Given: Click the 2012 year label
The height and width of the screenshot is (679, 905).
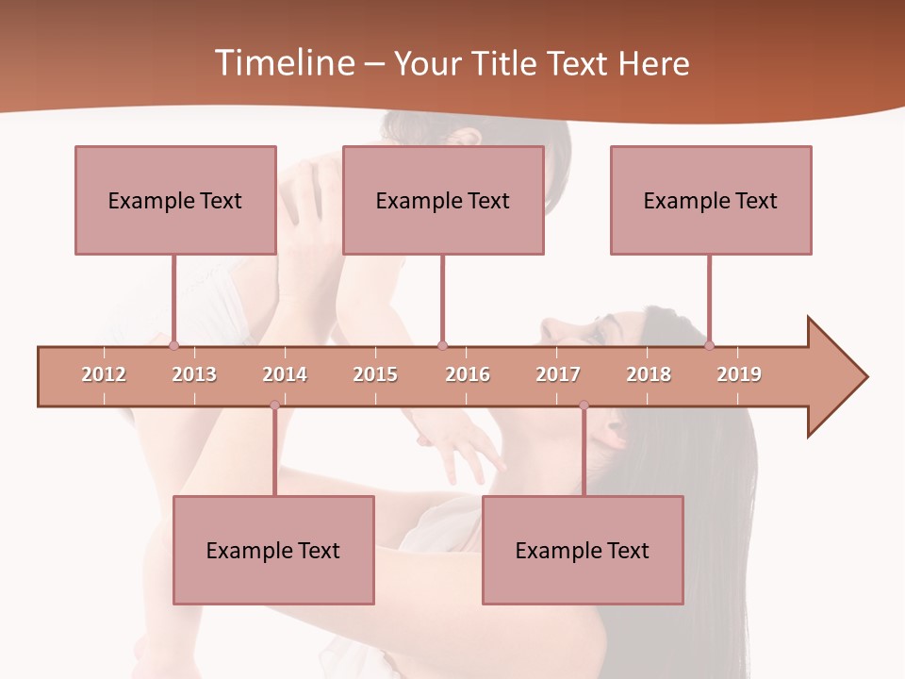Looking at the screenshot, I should (104, 374).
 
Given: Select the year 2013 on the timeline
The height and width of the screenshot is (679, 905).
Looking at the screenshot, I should (194, 374).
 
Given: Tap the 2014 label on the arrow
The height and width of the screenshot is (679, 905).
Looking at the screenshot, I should (285, 374).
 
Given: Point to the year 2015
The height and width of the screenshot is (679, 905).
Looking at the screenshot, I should (375, 374).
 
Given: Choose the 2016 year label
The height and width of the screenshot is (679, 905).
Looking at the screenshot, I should (468, 374).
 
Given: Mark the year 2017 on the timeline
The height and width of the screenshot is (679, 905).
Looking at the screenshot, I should (558, 374).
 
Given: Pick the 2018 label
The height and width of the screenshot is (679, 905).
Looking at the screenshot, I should (649, 374).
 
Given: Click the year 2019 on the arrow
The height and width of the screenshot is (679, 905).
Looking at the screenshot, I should (739, 374).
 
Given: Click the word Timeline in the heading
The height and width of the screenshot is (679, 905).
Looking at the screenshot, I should (283, 63).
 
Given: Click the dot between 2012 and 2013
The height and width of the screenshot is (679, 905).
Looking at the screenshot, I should (173, 346).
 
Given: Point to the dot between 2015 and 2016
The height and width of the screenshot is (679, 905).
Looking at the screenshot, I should (442, 346).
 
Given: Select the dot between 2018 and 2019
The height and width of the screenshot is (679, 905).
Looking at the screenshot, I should (710, 346).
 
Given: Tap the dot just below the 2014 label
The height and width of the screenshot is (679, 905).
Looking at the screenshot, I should (274, 406).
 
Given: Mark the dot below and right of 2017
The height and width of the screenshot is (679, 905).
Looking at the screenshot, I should (584, 406).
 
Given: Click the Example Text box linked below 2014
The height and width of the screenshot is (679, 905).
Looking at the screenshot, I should (273, 550).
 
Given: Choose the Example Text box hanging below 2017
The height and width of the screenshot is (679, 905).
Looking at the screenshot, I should (583, 550).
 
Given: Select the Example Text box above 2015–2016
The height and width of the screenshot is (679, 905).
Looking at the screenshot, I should (443, 200).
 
